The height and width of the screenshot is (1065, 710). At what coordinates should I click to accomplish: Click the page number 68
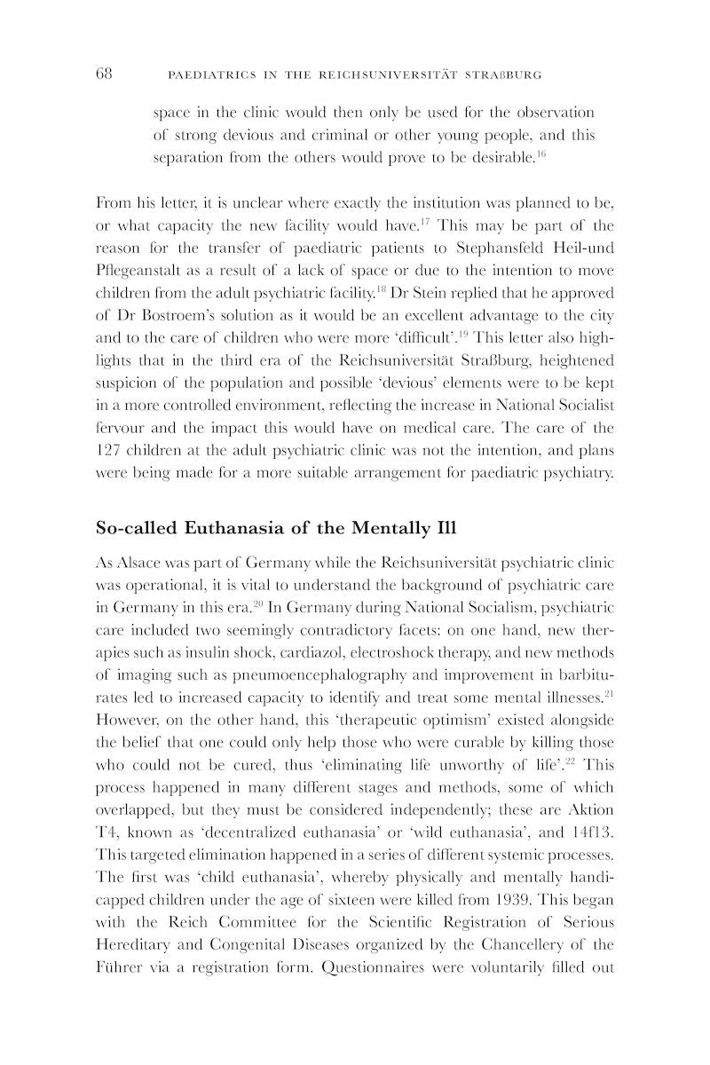104,74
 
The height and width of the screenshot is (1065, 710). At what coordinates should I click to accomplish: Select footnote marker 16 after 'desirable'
540,154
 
